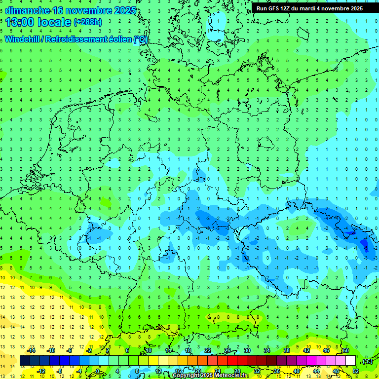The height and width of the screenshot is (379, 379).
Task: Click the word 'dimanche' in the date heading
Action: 28,10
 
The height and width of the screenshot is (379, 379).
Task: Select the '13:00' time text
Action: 22,22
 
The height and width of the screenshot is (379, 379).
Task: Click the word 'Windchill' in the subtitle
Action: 23,39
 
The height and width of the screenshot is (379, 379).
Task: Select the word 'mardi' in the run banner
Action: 314,8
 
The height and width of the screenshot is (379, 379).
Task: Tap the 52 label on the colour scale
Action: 356,371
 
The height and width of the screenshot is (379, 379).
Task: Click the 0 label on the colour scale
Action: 98,371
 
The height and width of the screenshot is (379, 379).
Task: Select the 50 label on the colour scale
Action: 346,350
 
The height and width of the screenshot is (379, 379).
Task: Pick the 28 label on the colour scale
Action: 237,371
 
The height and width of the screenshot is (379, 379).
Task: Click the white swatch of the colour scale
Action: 351,361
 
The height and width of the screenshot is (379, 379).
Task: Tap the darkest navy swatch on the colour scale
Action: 25,361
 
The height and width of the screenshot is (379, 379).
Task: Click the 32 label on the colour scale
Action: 257,371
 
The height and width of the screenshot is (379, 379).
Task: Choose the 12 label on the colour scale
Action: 158,371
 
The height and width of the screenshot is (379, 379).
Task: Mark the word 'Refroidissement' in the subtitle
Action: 71,39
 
